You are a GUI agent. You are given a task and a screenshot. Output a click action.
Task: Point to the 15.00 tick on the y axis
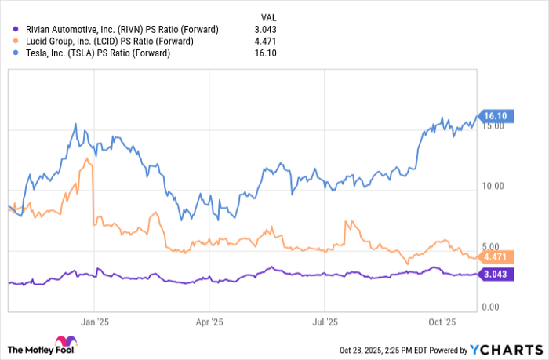[x=493, y=127]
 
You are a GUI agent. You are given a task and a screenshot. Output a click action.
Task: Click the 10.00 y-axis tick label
[x=493, y=187]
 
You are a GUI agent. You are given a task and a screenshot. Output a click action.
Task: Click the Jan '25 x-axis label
[x=94, y=321]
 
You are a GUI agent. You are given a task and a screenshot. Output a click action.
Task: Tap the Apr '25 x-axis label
[x=209, y=321]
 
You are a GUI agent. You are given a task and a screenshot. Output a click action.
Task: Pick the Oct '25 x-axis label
[x=442, y=321]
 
